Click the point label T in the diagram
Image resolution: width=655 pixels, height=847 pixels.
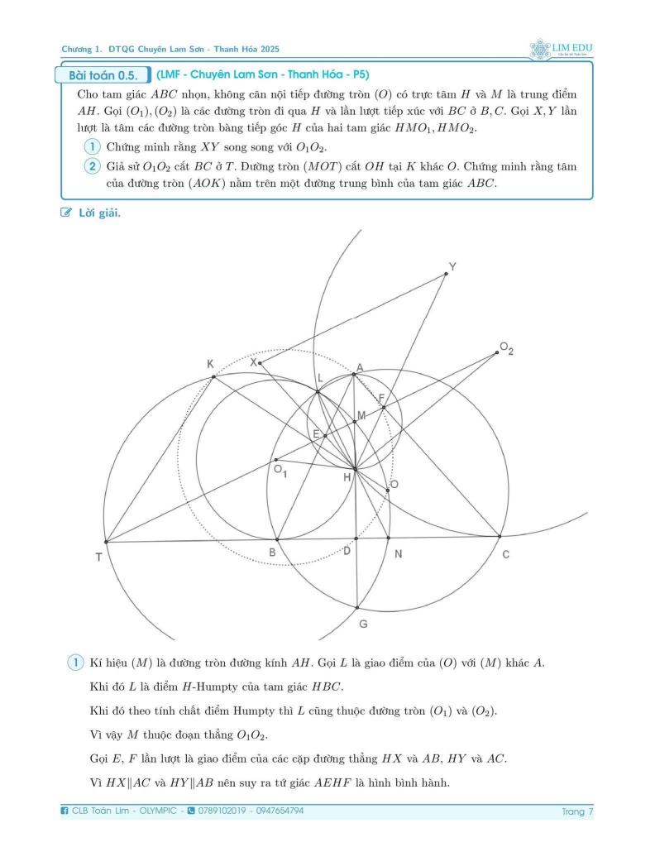(98, 557)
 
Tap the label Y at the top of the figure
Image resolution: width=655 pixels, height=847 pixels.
(452, 266)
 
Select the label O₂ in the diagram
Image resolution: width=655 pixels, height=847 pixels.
(506, 350)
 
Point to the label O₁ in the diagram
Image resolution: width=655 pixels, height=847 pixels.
(280, 471)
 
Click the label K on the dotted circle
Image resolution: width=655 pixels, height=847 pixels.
(211, 364)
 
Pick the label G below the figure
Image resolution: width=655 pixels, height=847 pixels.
(363, 624)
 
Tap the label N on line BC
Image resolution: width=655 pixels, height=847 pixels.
(397, 554)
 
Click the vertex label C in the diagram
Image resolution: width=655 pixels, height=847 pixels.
(506, 554)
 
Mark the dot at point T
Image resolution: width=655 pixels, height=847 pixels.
(106, 542)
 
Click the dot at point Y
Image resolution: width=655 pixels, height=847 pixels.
(445, 274)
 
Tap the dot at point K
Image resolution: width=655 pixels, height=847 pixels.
(213, 377)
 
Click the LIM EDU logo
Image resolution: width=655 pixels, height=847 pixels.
(562, 45)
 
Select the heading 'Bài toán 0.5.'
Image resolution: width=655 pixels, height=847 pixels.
(103, 76)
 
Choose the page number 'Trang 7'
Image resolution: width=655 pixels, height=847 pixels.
(577, 811)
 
